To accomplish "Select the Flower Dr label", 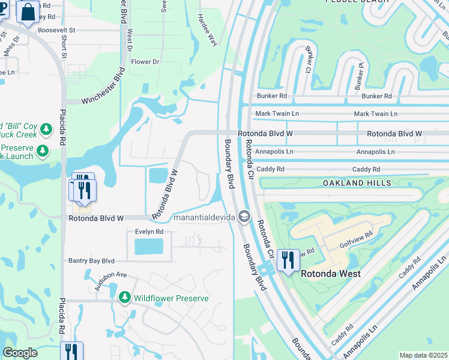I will [x=145, y=62].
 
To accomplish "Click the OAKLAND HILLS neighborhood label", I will [x=357, y=182].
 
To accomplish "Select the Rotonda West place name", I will [x=330, y=274].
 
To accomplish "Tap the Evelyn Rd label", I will [x=145, y=232].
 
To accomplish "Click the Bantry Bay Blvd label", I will [x=91, y=261].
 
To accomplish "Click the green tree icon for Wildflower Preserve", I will [x=125, y=298].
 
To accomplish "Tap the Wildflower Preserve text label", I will [x=171, y=298].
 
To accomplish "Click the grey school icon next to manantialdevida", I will [x=244, y=216].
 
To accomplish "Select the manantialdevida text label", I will [x=203, y=217].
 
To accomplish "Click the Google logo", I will [x=20, y=353].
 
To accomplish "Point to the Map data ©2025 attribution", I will [x=423, y=355].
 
